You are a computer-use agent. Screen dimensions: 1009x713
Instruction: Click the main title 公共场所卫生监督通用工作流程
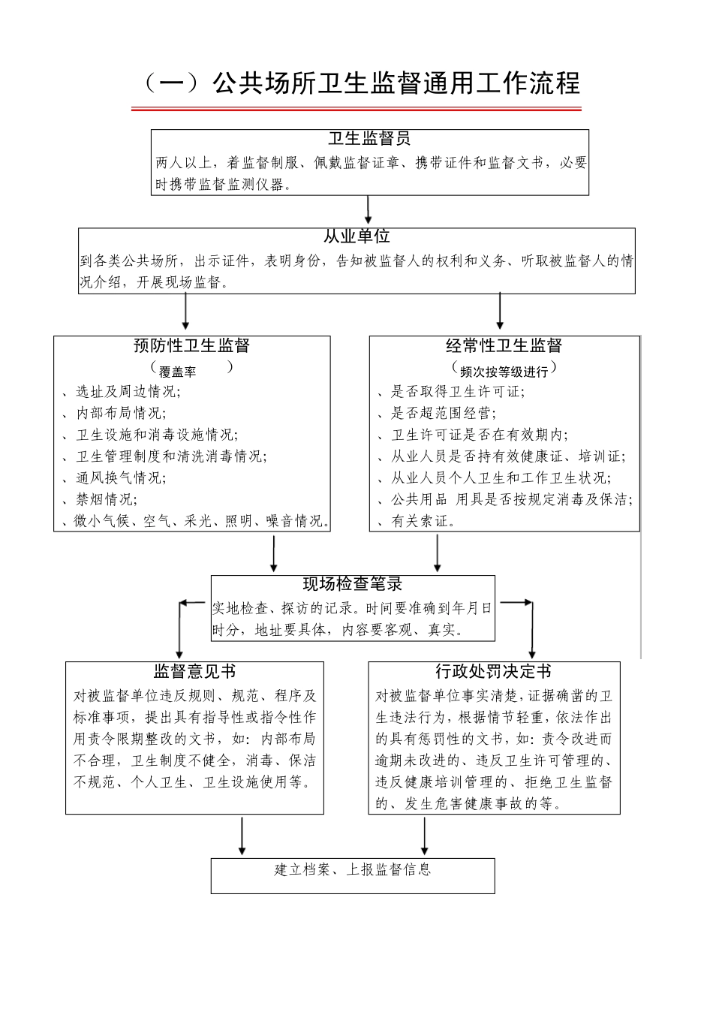point(360,83)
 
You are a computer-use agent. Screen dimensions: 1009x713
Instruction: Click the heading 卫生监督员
point(369,139)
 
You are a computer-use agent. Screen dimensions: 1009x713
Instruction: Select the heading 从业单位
point(356,237)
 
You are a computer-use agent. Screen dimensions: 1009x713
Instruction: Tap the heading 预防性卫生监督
point(191,346)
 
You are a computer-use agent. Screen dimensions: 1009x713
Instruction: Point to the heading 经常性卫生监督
point(504,346)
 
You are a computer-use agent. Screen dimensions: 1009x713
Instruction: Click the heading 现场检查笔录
point(353,585)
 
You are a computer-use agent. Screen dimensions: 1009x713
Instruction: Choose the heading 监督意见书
point(194,671)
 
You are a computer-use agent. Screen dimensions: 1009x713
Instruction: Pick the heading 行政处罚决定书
point(493,671)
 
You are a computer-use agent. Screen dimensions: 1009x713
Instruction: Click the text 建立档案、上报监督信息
point(353,870)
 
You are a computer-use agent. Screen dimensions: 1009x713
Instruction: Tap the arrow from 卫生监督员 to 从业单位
point(369,211)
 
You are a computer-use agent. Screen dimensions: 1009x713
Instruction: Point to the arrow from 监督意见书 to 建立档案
point(242,836)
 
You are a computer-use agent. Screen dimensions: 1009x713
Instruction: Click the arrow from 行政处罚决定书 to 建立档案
point(425,836)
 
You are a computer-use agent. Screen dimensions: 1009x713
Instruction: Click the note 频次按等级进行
point(504,371)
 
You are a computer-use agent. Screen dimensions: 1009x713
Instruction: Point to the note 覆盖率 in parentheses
point(178,372)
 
